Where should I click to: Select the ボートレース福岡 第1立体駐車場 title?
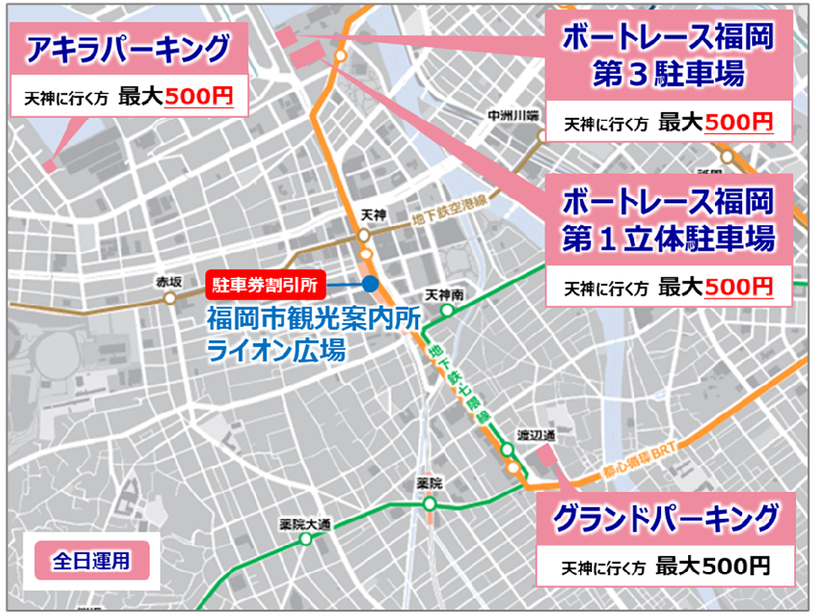(667, 220)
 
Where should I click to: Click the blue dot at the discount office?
(369, 284)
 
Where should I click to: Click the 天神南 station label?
(444, 294)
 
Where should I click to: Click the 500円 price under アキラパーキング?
(198, 96)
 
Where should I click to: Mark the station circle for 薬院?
(429, 503)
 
